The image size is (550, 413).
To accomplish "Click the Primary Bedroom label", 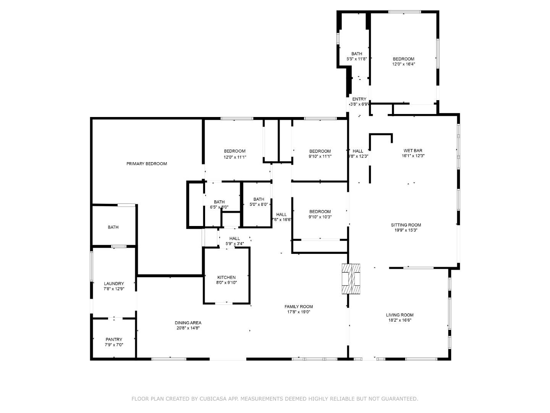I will pos(147,164).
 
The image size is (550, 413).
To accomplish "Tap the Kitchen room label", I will pos(226,277).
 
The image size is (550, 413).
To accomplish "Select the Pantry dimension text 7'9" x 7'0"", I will pos(114,345).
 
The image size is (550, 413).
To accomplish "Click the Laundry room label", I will pos(114,283).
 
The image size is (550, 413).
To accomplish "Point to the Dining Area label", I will pos(188,322).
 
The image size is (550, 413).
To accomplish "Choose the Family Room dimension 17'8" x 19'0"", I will pos(298,312).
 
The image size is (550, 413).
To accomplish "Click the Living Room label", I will pos(400,315).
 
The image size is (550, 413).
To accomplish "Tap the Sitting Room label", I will pos(406,225).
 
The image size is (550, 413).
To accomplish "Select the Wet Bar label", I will pos(413,151).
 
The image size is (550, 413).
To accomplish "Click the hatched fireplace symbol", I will pos(351,279).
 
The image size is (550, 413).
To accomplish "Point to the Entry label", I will pos(359,99).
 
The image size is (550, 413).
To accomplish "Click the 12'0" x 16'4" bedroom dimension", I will pos(403,64).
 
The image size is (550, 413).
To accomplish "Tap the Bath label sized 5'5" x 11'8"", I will pos(357,54).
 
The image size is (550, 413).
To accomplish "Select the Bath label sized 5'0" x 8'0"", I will pos(259,199).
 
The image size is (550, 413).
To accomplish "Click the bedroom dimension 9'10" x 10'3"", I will pos(320,217).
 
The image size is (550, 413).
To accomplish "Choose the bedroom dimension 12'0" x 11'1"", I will pos(235,156).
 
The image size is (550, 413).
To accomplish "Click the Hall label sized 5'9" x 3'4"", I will pos(235,238).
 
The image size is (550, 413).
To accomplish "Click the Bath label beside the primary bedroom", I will pos(113,227).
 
